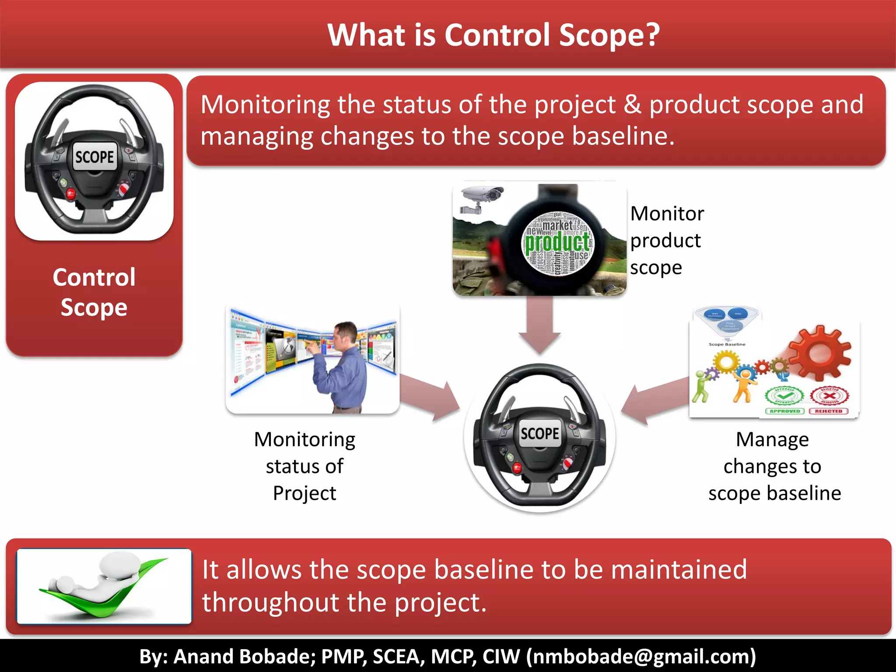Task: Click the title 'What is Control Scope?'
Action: click(x=493, y=35)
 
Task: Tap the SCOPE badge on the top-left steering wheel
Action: click(x=94, y=157)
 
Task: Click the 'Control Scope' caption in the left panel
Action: click(x=94, y=292)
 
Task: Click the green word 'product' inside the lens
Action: click(x=557, y=243)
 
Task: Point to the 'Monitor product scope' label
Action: click(x=666, y=240)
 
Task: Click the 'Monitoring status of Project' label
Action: click(x=304, y=466)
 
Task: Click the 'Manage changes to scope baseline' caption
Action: click(x=773, y=466)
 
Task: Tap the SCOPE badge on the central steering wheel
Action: click(x=539, y=433)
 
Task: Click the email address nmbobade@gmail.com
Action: click(x=641, y=656)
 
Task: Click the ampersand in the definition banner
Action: click(x=632, y=105)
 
